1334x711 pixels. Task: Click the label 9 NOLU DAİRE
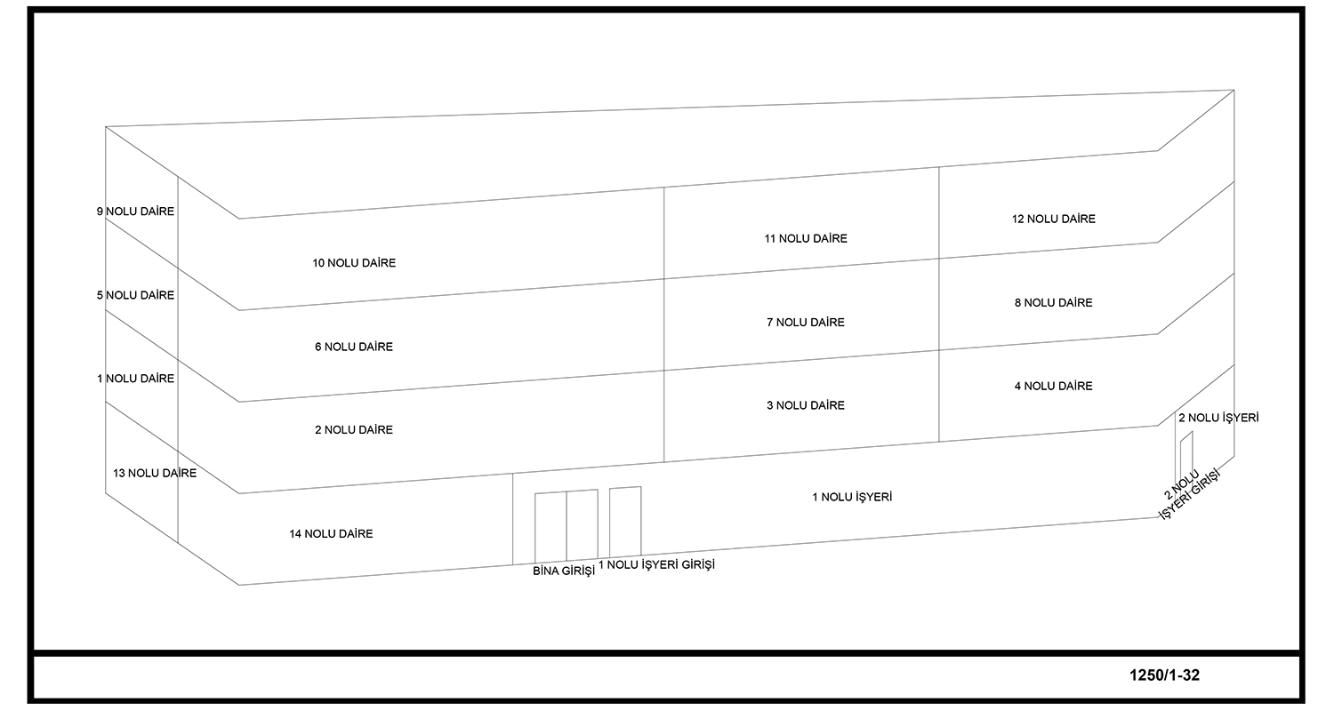pos(135,212)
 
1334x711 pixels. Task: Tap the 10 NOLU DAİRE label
pos(354,263)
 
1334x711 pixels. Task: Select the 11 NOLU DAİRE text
pos(806,238)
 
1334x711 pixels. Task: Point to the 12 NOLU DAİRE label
pos(1054,219)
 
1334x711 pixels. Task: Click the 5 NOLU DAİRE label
pos(135,295)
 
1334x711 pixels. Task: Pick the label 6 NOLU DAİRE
pos(354,347)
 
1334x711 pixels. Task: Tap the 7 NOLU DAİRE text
pos(806,323)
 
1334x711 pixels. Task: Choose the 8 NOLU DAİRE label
pos(1054,303)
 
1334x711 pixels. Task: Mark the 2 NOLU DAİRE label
pos(354,429)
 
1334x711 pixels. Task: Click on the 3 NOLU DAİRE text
pos(806,405)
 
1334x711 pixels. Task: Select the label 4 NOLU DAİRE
pos(1054,386)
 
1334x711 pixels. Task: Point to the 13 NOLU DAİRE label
pos(155,473)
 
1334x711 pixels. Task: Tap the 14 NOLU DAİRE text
pos(331,534)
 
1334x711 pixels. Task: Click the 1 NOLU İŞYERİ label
pos(852,497)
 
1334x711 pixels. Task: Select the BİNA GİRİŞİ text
pos(563,571)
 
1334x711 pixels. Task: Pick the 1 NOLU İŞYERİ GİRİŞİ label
pos(656,564)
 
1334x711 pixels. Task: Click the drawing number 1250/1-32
pos(1164,675)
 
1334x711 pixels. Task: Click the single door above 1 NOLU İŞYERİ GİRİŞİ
pos(625,522)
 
